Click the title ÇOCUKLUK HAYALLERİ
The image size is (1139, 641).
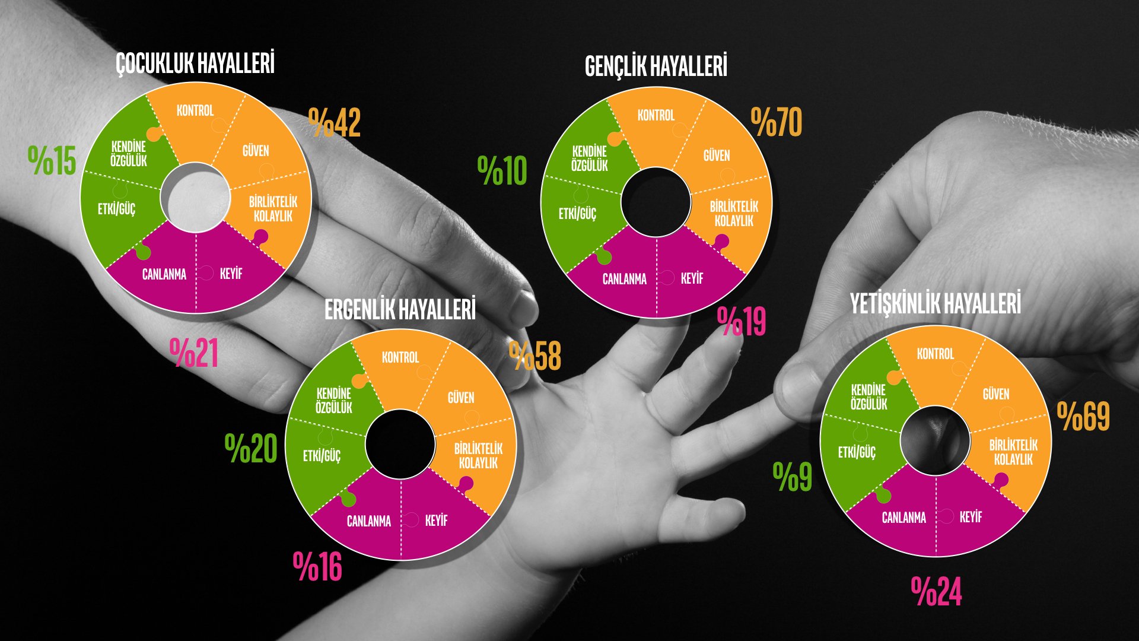195,64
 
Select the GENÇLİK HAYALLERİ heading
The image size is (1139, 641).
656,66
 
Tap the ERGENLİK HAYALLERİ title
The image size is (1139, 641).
400,310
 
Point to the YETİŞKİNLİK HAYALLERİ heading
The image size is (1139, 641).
936,304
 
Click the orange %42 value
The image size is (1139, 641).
335,123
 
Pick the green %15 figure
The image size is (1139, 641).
52,161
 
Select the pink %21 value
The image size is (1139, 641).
194,353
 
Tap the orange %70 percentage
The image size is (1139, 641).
777,122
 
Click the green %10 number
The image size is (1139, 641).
502,171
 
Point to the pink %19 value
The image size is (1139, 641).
742,322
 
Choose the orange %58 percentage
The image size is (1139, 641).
535,356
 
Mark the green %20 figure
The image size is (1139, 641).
251,449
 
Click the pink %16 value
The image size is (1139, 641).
318,567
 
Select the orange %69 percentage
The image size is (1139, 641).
1083,417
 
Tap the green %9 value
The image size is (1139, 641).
793,477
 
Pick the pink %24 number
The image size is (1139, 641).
937,592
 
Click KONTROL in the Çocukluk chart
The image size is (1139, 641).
195,110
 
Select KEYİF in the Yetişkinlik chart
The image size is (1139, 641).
971,517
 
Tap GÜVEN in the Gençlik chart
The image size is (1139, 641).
717,156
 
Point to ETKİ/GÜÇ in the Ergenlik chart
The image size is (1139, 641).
322,456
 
